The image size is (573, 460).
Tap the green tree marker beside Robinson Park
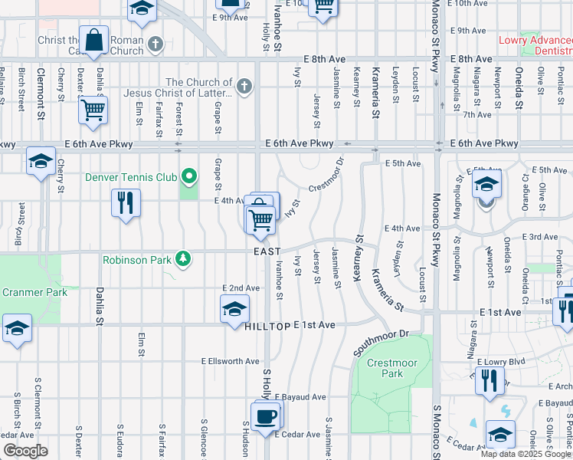pos(183,259)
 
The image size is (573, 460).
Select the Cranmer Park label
pos(34,292)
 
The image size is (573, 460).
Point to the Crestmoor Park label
pos(385,368)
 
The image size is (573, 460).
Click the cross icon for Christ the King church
pos(156,44)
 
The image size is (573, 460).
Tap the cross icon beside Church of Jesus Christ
pos(244,85)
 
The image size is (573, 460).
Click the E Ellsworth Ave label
pos(231,361)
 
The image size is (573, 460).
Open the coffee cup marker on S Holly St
pos(265,417)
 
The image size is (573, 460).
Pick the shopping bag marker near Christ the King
pos(94,41)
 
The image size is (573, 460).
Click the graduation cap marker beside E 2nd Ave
pos(234,310)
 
